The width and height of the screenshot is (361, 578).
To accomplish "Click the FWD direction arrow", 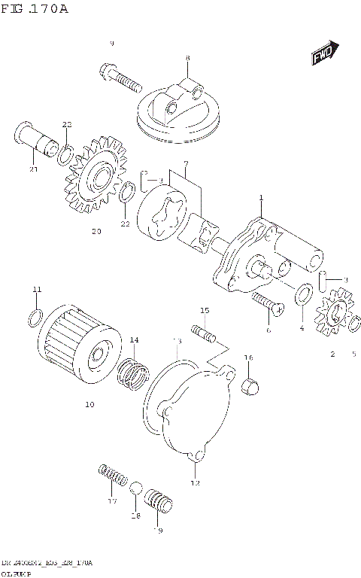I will pyautogui.click(x=324, y=53).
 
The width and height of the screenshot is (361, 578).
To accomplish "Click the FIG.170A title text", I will pyautogui.click(x=35, y=9).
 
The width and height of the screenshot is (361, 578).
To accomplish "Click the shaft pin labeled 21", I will pyautogui.click(x=38, y=142).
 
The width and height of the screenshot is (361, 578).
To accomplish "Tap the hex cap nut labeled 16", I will pyautogui.click(x=250, y=386).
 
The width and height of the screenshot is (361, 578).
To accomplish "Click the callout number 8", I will pyautogui.click(x=187, y=58).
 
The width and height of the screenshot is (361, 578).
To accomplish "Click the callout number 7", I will pyautogui.click(x=185, y=164).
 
